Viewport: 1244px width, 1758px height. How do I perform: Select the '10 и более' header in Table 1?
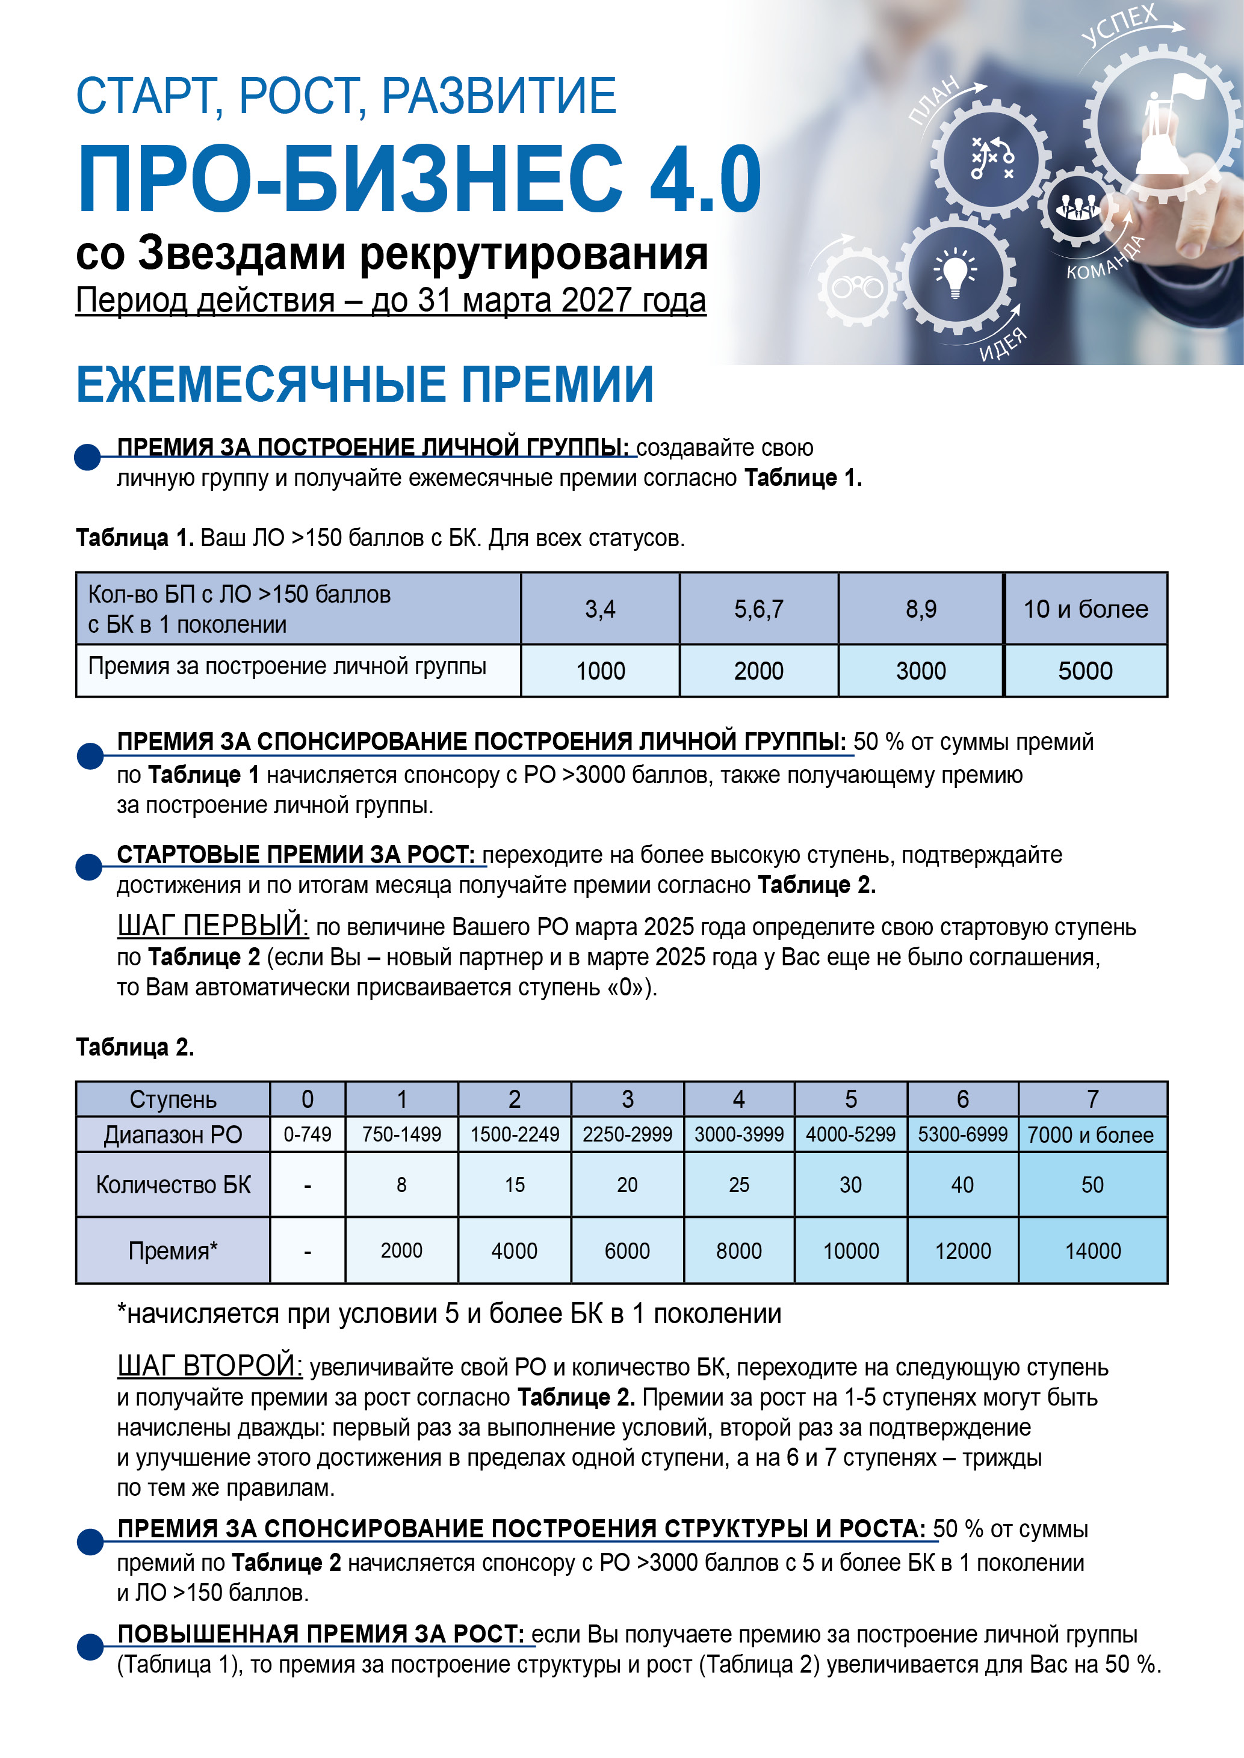[1086, 609]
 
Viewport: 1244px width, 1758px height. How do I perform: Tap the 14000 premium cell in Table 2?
[1092, 1250]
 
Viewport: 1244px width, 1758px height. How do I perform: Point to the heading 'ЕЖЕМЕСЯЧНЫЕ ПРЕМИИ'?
[365, 384]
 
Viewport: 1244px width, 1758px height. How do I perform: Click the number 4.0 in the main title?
[705, 180]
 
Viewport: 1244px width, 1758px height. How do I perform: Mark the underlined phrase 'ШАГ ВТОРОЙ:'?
[210, 1365]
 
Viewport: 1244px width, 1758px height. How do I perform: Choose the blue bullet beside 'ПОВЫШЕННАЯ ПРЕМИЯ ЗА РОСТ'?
[90, 1646]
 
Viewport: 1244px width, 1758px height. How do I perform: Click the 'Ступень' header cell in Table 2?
[173, 1099]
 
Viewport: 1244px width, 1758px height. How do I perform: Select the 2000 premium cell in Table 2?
[401, 1250]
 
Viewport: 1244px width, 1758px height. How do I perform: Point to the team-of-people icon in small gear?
[1078, 206]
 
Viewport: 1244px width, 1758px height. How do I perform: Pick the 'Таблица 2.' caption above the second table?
[135, 1047]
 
